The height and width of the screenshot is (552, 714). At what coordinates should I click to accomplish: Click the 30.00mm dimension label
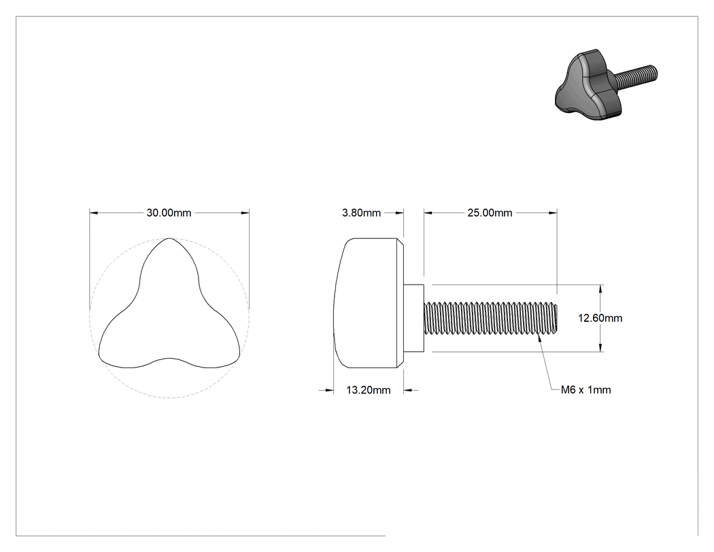point(169,213)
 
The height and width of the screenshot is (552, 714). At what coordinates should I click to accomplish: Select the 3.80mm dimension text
point(362,213)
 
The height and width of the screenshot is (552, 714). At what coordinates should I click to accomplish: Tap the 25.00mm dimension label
point(490,213)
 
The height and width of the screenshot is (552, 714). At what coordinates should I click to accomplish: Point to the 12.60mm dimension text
point(600,318)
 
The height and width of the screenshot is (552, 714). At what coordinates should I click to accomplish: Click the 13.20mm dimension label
point(369,390)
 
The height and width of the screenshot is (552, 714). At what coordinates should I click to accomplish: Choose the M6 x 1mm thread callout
point(586,390)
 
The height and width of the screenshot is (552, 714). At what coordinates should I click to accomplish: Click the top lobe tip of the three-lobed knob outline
point(169,238)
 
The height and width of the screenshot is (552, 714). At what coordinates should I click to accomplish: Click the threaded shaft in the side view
point(491,318)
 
